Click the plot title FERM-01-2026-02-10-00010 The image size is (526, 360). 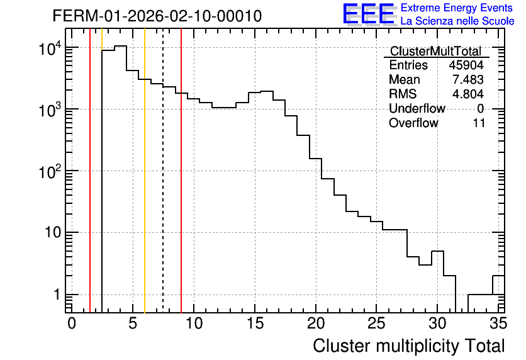[157, 16]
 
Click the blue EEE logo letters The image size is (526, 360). [368, 13]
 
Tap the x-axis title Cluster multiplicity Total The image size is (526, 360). [408, 346]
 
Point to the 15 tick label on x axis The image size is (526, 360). [255, 323]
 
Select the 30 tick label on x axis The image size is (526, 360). [437, 323]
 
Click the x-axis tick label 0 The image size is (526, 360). [72, 323]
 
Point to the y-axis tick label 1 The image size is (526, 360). [57, 295]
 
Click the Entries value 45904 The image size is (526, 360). [466, 65]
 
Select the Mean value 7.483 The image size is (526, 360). [468, 79]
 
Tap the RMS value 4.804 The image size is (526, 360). [468, 94]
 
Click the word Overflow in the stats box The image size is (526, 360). [413, 123]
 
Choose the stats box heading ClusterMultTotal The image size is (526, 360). [436, 51]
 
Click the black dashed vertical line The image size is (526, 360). [163, 171]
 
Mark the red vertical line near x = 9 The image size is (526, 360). [181, 171]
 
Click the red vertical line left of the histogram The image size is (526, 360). [90, 171]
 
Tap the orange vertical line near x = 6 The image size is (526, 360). [145, 171]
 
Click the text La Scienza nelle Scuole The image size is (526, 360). [457, 21]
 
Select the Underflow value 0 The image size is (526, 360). [480, 109]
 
